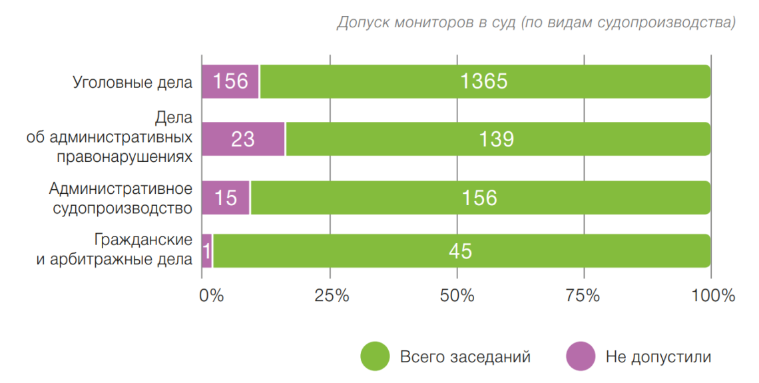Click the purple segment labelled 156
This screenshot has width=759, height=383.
pyautogui.click(x=230, y=82)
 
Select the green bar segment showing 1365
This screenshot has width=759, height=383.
pyautogui.click(x=484, y=82)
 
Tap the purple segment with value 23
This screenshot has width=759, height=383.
pyautogui.click(x=242, y=139)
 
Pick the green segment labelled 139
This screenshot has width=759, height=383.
pyautogui.click(x=497, y=139)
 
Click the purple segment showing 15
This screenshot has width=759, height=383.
pyautogui.click(x=225, y=198)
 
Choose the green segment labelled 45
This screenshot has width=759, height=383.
pyautogui.click(x=461, y=251)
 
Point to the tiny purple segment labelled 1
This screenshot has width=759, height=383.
pyautogui.click(x=206, y=251)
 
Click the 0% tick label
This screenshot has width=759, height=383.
pyautogui.click(x=212, y=296)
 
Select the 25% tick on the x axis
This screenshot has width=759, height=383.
pyautogui.click(x=330, y=296)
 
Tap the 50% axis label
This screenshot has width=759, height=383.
pyautogui.click(x=457, y=296)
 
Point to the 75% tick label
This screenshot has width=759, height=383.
pyautogui.click(x=584, y=296)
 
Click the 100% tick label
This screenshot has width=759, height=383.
pyautogui.click(x=712, y=296)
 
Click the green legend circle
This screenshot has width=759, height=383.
pyautogui.click(x=375, y=356)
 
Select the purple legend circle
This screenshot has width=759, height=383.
pyautogui.click(x=581, y=356)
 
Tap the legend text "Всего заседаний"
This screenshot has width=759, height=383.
pyautogui.click(x=465, y=357)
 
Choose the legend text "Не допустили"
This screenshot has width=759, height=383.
pyautogui.click(x=658, y=357)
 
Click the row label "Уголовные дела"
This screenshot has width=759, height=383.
pyautogui.click(x=132, y=83)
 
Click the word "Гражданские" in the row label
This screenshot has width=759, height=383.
pyautogui.click(x=143, y=240)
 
